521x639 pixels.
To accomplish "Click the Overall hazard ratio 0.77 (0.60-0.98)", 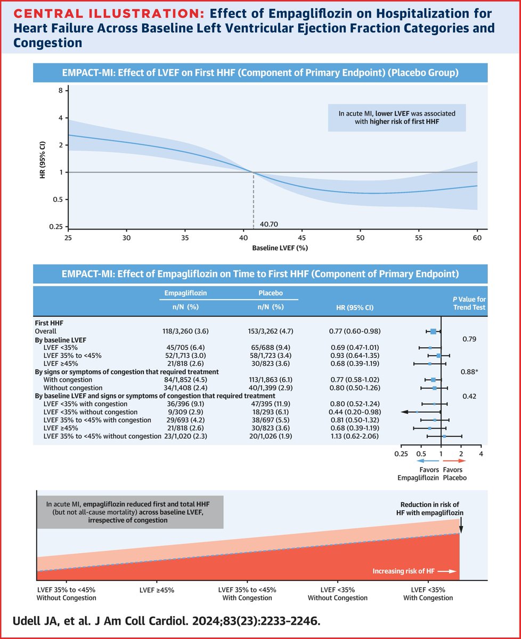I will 355,331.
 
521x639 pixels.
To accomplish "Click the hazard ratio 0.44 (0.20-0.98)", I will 355,412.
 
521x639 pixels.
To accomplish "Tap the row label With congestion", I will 68,380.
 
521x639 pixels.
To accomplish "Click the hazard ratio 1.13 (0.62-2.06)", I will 355,436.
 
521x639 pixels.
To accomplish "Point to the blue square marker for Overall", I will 433,332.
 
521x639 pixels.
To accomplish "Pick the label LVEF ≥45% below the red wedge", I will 157,590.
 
